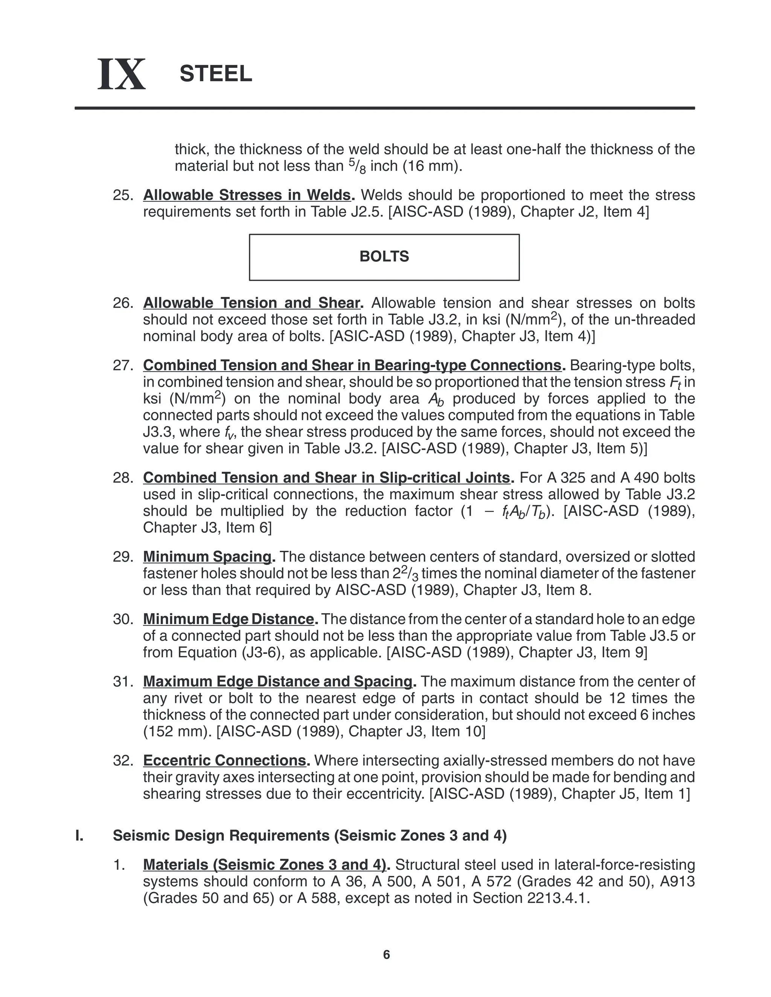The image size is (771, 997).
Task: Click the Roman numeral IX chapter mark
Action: tap(122, 74)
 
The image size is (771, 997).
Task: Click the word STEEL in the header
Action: tap(216, 73)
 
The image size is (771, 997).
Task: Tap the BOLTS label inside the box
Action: tap(384, 257)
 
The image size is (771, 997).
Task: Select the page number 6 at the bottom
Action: tap(386, 954)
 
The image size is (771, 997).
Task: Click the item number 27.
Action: tap(122, 365)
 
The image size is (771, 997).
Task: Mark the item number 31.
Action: tap(122, 682)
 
